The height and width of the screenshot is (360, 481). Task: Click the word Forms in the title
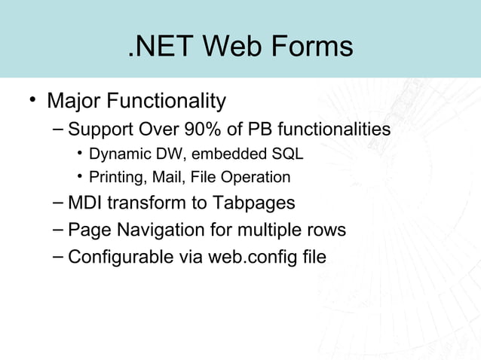click(x=309, y=47)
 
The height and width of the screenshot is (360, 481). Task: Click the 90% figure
click(x=198, y=130)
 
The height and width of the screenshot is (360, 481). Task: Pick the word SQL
click(x=287, y=155)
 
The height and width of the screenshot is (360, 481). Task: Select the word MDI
click(x=84, y=203)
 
